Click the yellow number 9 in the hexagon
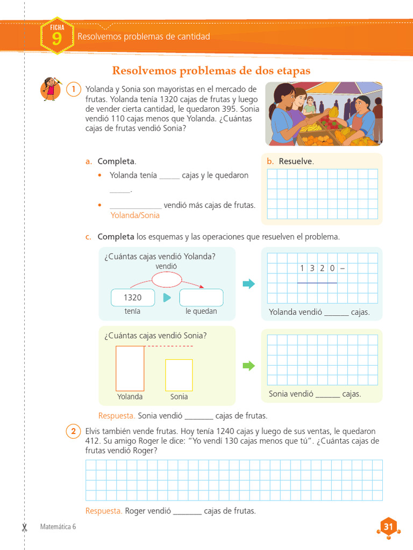coord(57,39)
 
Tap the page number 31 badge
coord(388,527)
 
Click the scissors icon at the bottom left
coord(24,527)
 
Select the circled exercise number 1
coord(74,90)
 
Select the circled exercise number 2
coord(73,431)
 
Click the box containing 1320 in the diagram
coord(133,298)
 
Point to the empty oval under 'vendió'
coord(167,279)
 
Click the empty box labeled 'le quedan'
coord(201,298)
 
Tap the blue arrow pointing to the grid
coord(248,284)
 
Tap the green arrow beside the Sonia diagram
coord(248,366)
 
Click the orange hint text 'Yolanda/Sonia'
coord(135,215)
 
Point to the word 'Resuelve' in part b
coord(295,161)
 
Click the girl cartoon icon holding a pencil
coord(51,89)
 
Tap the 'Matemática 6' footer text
coord(58,527)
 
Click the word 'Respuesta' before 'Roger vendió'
coord(104,511)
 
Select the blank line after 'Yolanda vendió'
coord(337,315)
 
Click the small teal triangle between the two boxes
coord(167,298)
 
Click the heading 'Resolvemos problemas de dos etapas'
coord(211,71)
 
